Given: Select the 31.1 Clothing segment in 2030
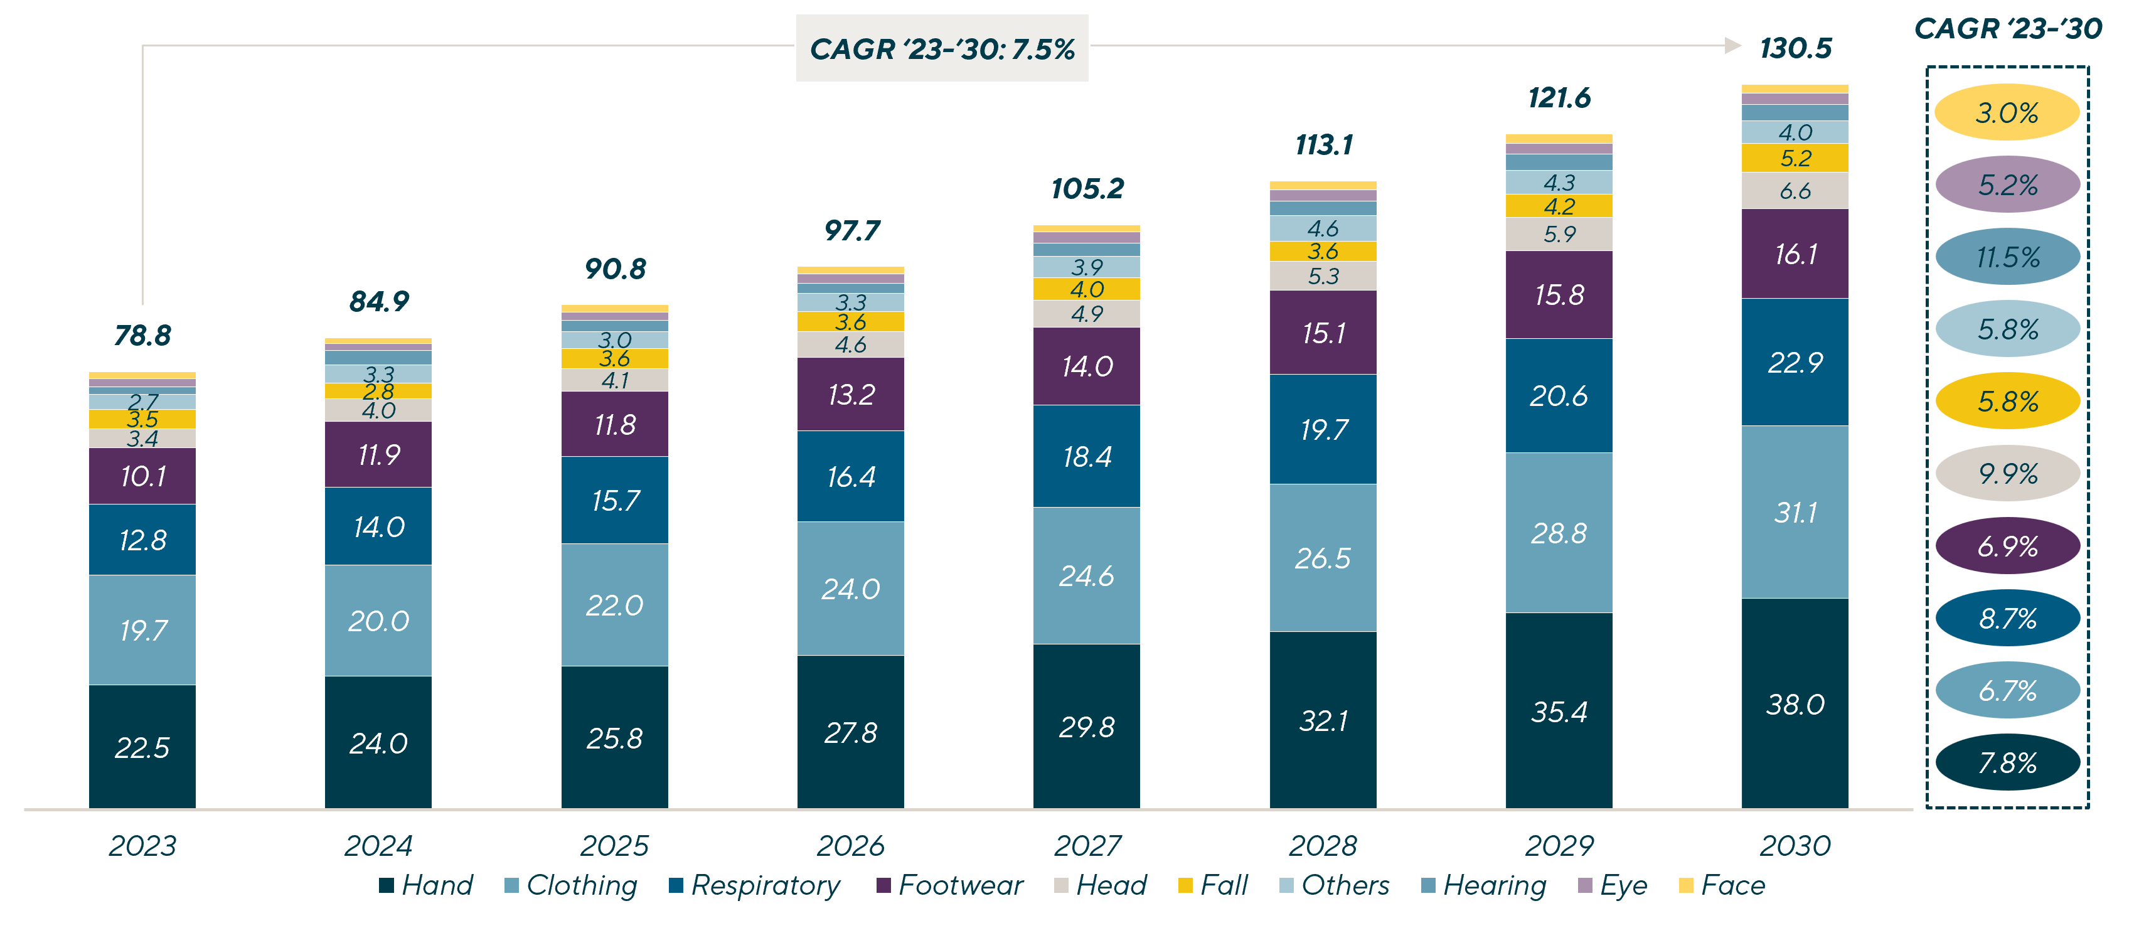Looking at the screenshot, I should (1795, 512).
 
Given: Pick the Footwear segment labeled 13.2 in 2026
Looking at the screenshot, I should (851, 395).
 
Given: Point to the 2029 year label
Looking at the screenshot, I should (1559, 846).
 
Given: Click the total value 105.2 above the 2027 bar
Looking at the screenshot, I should (1087, 189).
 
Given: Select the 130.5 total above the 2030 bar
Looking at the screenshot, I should (1795, 48).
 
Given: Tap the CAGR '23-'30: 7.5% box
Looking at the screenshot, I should (942, 48).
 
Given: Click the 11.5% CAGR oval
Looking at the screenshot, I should (2007, 257).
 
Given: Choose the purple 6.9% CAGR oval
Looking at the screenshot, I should (2007, 546).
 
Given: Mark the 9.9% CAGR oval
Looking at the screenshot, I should (2007, 474).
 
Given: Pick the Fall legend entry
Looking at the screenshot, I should (1213, 885).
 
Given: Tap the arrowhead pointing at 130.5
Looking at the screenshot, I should (1733, 46).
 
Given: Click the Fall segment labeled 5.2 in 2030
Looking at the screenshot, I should (1795, 158).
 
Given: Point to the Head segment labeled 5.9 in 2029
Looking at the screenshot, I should (1559, 235).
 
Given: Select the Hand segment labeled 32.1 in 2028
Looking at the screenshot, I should (1323, 720).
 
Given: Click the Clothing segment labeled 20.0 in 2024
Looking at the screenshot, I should (378, 621).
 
